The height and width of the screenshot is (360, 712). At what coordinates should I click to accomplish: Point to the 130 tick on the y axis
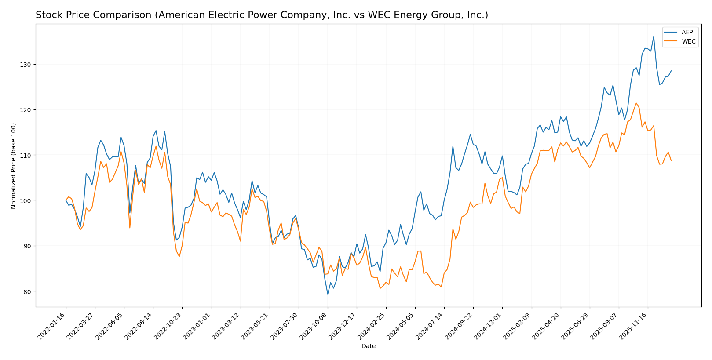tap(27, 65)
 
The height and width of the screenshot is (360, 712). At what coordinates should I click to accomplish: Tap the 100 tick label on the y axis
tap(27, 200)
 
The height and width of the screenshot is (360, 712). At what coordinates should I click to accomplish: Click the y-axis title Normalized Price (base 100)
tap(14, 166)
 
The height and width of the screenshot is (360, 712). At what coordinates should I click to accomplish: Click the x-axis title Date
tap(368, 346)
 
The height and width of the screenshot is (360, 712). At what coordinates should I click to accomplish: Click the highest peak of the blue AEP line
tap(654, 36)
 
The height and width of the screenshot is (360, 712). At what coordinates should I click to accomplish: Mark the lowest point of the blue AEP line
tap(328, 294)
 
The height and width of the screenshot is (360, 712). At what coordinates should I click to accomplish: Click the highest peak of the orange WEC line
tap(636, 103)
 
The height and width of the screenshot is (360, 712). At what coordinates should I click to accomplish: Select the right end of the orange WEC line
tap(671, 160)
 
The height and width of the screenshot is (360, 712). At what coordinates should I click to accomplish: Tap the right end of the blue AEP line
tap(671, 71)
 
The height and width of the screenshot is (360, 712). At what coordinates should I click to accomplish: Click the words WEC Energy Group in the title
tap(411, 15)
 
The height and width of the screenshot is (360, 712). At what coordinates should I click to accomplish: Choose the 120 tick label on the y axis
tap(27, 110)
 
